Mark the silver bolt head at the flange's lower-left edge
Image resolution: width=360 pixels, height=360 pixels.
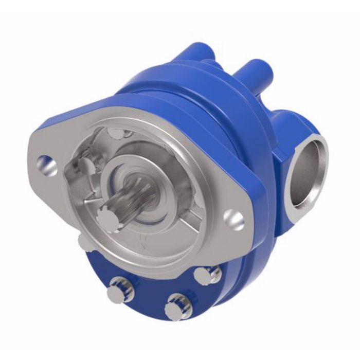(84, 242)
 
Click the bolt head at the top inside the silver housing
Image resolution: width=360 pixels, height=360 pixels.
(117, 134)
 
